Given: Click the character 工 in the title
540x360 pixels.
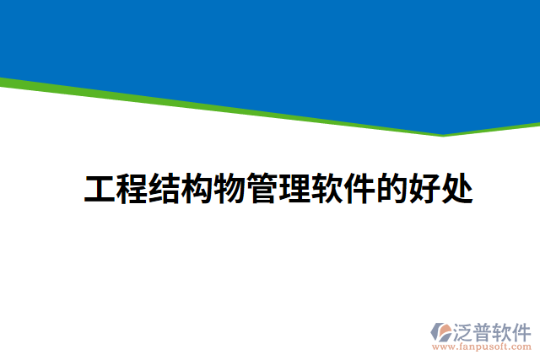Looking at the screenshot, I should click(100, 189).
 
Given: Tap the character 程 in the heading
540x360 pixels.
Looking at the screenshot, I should click(132, 189).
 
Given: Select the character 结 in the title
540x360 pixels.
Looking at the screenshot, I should click(165, 189).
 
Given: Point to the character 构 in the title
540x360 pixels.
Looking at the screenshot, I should click(197, 189).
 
